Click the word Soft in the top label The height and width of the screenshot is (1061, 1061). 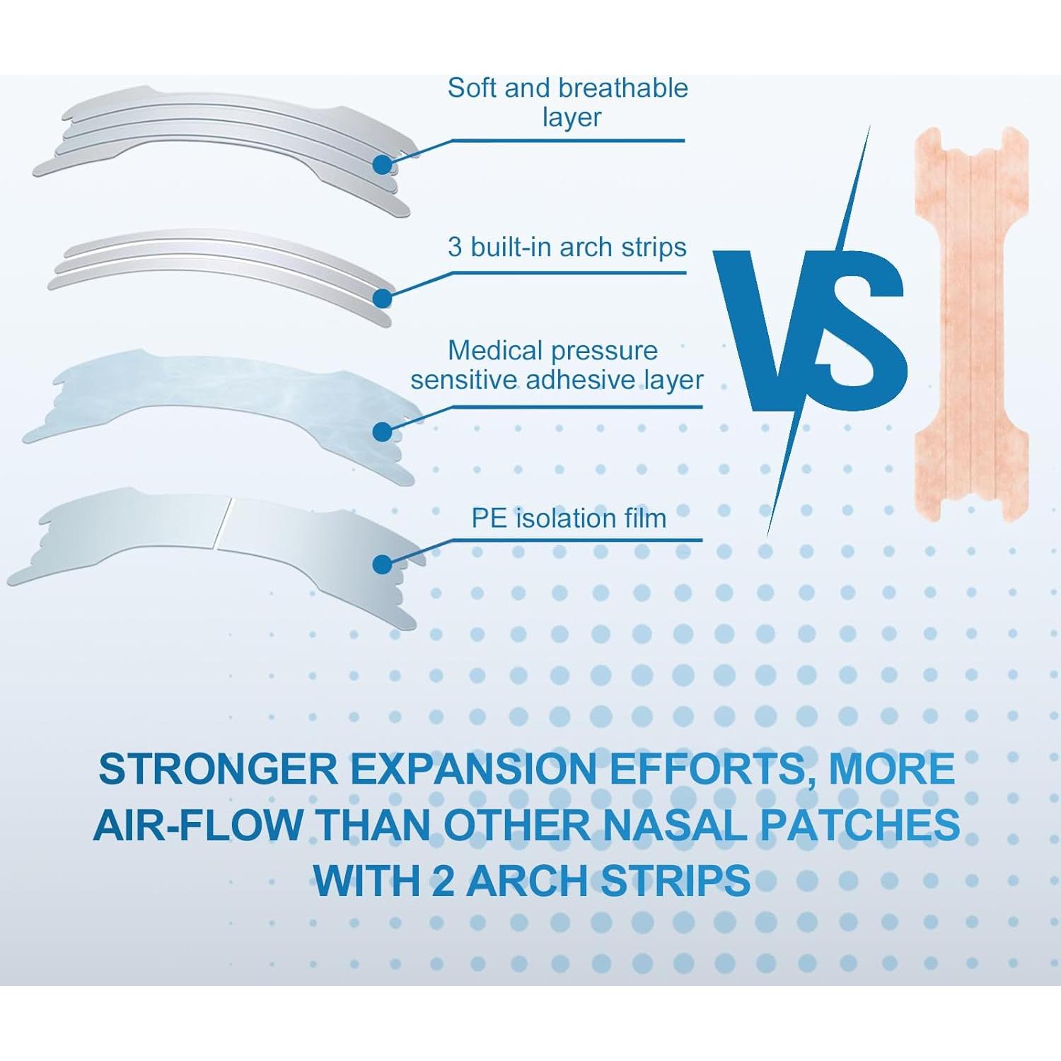472,88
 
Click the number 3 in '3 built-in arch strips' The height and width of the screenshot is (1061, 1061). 456,248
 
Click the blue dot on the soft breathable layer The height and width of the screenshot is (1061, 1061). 382,165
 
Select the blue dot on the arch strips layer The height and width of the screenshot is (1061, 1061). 382,298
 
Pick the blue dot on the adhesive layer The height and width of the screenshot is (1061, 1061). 382,431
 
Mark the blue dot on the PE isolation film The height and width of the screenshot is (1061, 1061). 382,564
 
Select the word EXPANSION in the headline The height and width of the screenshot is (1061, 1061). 475,770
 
